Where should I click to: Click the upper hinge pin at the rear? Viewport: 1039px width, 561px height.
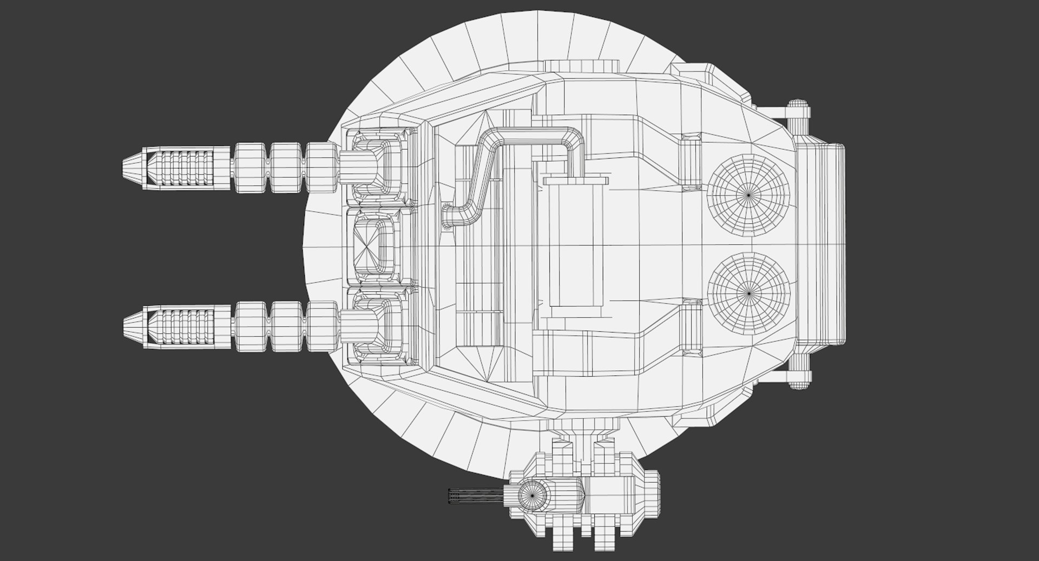[x=799, y=116]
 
